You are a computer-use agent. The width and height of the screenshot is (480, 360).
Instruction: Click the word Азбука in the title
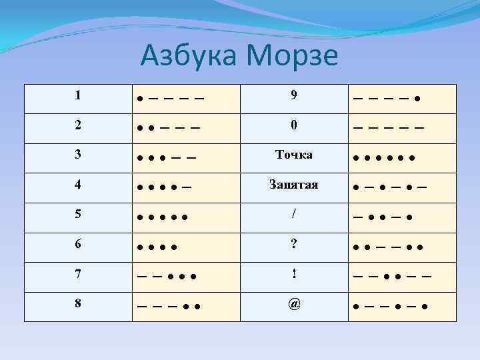tap(187, 56)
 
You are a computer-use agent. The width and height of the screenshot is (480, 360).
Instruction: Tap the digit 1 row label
tap(78, 95)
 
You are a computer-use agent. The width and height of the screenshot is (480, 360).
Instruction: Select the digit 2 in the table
tap(78, 125)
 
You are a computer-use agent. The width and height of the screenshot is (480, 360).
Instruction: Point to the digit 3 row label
tap(78, 155)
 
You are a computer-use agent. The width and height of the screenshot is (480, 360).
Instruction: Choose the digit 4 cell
tap(78, 184)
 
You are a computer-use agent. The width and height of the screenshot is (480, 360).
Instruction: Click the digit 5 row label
tap(78, 214)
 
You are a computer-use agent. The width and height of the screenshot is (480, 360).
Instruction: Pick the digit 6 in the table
tap(78, 244)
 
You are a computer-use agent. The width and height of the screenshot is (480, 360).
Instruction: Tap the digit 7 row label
tap(78, 274)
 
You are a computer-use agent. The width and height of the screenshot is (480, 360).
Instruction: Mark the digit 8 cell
tap(78, 303)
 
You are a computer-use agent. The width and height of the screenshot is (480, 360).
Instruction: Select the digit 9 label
tap(293, 95)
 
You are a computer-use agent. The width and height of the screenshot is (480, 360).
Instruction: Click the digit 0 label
tap(293, 125)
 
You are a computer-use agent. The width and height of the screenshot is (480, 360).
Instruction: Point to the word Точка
tap(293, 155)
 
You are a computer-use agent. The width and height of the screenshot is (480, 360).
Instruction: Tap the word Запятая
tap(293, 184)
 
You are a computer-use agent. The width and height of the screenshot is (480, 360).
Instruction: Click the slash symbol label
tap(293, 214)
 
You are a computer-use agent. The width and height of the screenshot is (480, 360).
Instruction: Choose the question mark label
tap(293, 244)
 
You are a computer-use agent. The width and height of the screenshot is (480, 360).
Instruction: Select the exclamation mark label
tap(293, 274)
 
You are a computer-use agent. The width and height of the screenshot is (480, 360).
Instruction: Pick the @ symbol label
tap(293, 304)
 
